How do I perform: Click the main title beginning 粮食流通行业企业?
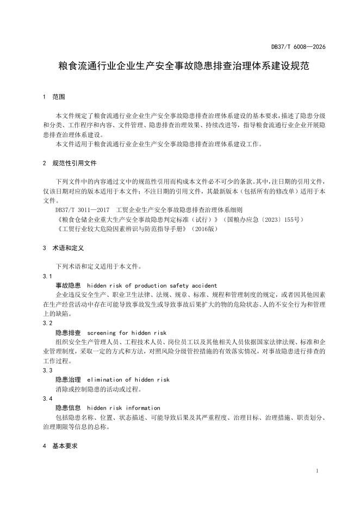point(180,66)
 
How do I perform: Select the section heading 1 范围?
point(54,97)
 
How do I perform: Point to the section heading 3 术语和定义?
point(63,248)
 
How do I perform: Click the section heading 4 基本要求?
point(60,445)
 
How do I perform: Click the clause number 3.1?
point(47,276)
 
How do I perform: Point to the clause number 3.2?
point(47,323)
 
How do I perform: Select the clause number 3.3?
point(47,370)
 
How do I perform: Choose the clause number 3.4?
point(47,399)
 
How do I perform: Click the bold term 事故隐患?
point(68,285)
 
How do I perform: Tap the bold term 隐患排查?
point(68,332)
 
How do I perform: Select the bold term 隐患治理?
point(68,379)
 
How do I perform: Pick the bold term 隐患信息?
point(68,408)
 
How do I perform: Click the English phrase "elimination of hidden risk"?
point(128,379)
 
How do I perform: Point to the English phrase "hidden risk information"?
point(123,408)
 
